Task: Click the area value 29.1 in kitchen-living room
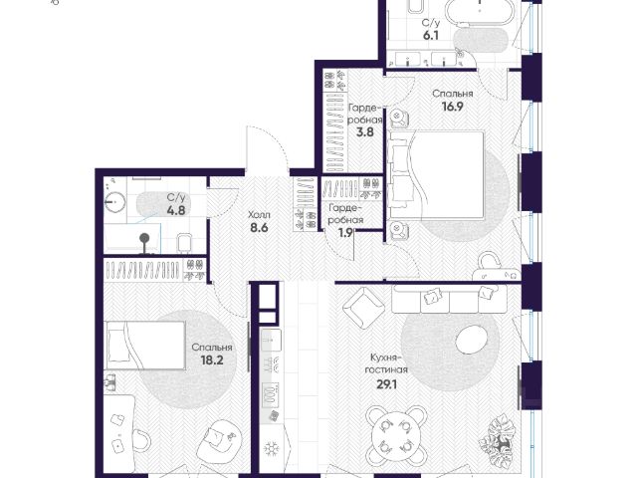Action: click(387, 384)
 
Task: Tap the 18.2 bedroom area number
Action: click(212, 359)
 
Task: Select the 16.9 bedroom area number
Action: click(453, 107)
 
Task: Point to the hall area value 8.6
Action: click(259, 228)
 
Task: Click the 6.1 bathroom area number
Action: click(431, 36)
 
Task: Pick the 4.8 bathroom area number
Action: click(176, 210)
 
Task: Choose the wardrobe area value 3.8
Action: click(365, 131)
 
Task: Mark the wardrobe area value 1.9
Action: click(345, 232)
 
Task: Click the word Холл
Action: click(259, 215)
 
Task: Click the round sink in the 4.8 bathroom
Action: click(115, 201)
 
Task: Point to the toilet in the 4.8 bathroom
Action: click(184, 243)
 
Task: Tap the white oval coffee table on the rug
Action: click(471, 340)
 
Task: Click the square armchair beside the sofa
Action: click(363, 308)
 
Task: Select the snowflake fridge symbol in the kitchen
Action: click(270, 448)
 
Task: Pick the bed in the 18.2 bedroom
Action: click(145, 346)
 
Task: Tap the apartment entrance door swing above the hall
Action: click(267, 147)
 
